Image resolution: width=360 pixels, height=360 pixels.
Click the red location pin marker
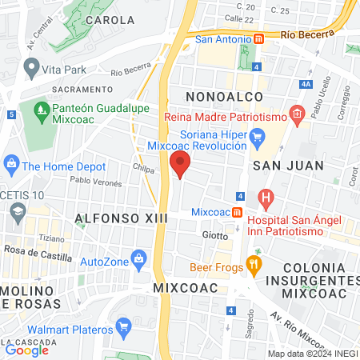point(180,165)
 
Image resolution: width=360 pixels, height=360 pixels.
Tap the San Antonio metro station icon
point(258,38)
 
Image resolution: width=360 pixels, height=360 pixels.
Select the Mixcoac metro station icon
point(238,212)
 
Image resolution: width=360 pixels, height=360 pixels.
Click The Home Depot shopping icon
point(11,166)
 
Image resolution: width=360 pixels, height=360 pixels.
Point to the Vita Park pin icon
point(31,70)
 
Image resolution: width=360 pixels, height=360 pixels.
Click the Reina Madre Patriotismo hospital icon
point(296,114)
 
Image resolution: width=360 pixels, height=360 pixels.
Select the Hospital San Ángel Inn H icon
point(266,197)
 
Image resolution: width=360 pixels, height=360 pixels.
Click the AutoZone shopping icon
point(139,258)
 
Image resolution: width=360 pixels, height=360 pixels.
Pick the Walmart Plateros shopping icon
point(123,326)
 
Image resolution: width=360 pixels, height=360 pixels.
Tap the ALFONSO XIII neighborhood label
point(112,218)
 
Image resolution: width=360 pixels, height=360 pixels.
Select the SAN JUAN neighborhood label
point(288,166)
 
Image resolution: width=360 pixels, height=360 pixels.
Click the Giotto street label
point(214,235)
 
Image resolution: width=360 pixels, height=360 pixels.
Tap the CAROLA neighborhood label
point(110,20)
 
